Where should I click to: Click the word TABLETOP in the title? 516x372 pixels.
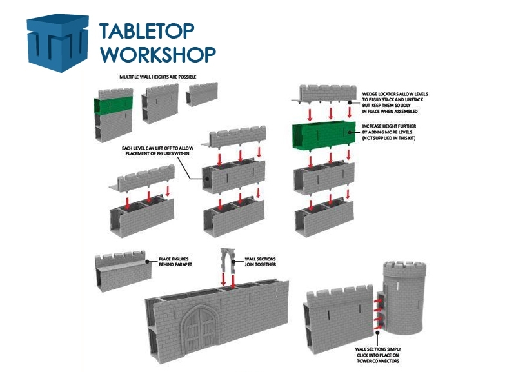point(146,32)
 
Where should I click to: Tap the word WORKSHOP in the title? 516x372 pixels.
point(157,54)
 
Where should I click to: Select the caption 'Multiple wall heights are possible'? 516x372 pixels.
point(158,77)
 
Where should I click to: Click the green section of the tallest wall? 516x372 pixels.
point(113,105)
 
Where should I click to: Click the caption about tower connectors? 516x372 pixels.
point(378,354)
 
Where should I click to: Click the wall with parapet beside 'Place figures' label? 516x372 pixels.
point(123,270)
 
